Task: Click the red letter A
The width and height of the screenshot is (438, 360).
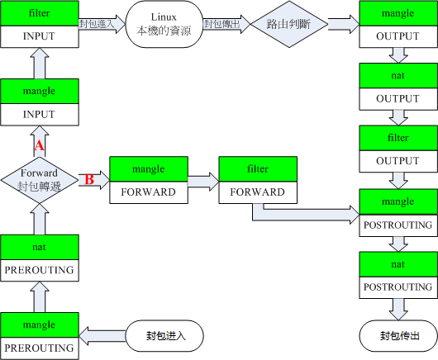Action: click(x=38, y=145)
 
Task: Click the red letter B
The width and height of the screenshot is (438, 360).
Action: click(x=88, y=179)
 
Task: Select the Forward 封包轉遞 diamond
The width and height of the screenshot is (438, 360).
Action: click(x=39, y=179)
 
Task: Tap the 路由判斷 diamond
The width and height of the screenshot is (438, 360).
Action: click(x=283, y=25)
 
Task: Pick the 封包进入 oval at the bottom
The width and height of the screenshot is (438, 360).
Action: click(x=163, y=336)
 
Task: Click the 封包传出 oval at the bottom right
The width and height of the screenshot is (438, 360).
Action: click(x=398, y=336)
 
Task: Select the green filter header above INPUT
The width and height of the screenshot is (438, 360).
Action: click(x=40, y=14)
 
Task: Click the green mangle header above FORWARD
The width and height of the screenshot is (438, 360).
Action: click(x=150, y=168)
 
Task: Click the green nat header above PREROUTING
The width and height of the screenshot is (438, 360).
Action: click(x=40, y=245)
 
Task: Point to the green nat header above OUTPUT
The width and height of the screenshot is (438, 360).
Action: click(x=398, y=76)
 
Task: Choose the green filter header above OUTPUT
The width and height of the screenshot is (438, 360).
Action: click(x=398, y=138)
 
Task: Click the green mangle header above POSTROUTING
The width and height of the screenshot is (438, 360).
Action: click(x=398, y=201)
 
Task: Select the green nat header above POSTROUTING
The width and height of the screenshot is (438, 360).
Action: click(x=398, y=264)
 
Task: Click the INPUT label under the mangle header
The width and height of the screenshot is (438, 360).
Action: click(x=40, y=114)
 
